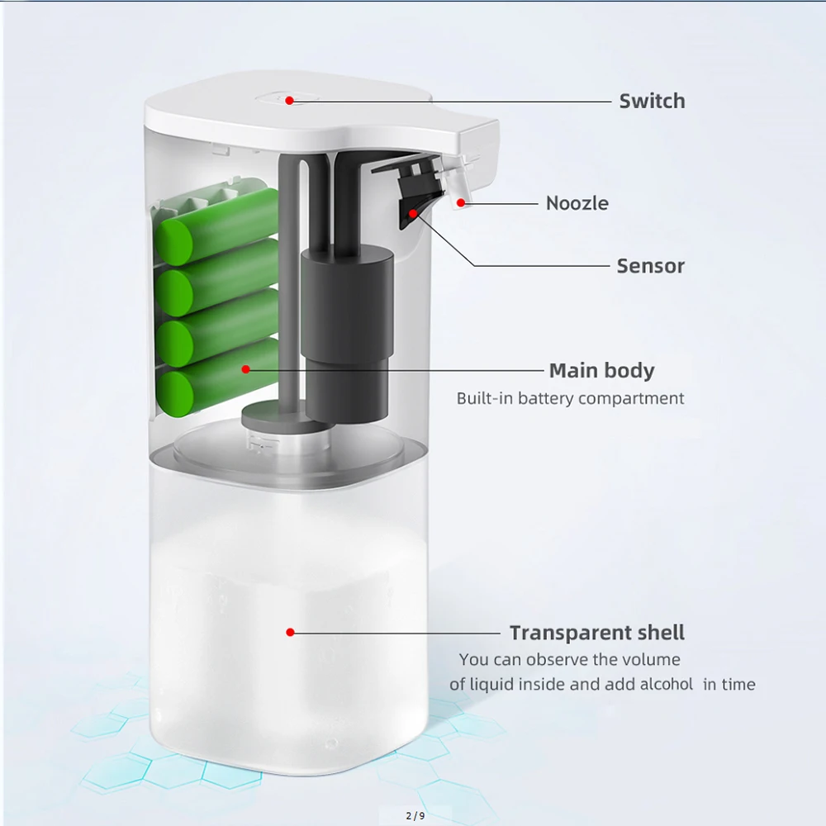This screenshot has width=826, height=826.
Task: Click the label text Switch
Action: pyautogui.click(x=652, y=102)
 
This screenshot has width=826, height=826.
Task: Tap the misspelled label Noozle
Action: pyautogui.click(x=577, y=203)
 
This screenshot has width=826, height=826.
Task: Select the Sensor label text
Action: pyautogui.click(x=650, y=266)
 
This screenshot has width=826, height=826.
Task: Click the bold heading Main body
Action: pyautogui.click(x=601, y=370)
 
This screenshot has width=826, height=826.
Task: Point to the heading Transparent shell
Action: pyautogui.click(x=596, y=634)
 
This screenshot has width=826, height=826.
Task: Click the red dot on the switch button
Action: pyautogui.click(x=290, y=101)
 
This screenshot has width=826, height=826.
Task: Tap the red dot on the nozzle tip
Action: pyautogui.click(x=461, y=202)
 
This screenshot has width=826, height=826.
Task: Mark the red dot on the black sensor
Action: pyautogui.click(x=412, y=213)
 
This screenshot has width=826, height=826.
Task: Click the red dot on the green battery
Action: pyautogui.click(x=245, y=369)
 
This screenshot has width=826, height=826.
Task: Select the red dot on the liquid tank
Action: pyautogui.click(x=290, y=632)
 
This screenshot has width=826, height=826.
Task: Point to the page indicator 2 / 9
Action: pyautogui.click(x=415, y=816)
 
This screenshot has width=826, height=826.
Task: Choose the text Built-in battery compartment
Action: pyautogui.click(x=570, y=398)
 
